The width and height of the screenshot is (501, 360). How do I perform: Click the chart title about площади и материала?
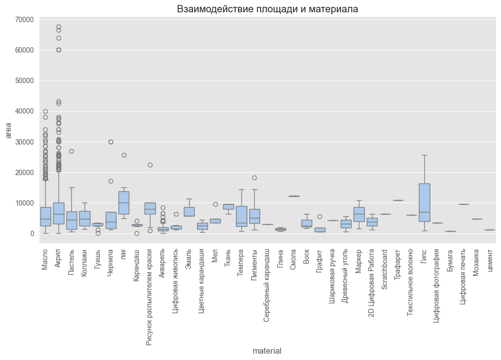tap(267, 9)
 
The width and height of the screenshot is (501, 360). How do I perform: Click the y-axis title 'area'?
tap(8, 130)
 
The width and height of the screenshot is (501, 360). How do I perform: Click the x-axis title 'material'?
tap(267, 351)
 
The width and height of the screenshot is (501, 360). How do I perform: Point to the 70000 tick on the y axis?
tap(24, 20)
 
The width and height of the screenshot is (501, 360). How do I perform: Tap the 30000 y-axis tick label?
tap(24, 142)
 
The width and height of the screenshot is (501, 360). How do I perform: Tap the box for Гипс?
tap(424, 202)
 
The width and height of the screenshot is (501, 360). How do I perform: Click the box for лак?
tap(124, 203)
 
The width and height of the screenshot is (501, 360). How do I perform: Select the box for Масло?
tap(46, 216)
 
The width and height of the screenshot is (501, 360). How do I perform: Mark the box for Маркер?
tap(359, 214)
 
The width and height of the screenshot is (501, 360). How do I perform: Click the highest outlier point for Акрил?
tap(59, 27)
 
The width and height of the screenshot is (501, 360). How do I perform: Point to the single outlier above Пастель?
tap(72, 151)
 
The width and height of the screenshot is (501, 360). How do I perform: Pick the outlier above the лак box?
tap(124, 155)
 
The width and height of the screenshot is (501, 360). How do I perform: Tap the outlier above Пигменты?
tap(255, 178)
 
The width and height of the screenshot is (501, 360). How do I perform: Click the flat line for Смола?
tap(294, 196)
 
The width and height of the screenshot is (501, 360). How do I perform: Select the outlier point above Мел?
tap(215, 204)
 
